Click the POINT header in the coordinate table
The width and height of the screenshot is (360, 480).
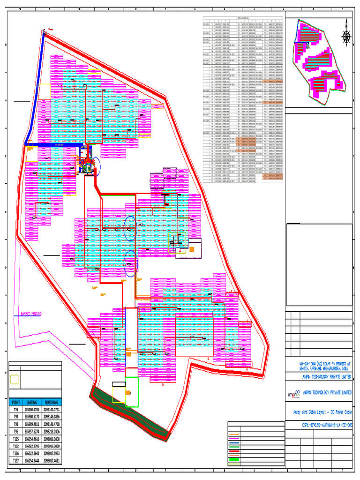pos(16,402)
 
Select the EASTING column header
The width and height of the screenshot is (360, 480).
pos(32,402)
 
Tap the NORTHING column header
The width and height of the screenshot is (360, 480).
pos(52,402)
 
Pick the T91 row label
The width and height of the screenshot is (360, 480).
pos(16,409)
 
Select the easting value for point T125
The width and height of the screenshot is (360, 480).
pos(32,439)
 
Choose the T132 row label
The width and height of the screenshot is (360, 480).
pos(16,446)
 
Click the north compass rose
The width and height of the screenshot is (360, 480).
pos(346,34)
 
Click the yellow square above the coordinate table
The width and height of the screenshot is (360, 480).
pos(15,379)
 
